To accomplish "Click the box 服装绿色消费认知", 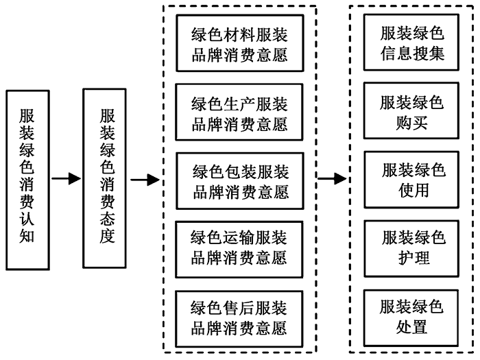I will (x=28, y=179).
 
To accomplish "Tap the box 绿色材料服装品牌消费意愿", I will (x=239, y=43).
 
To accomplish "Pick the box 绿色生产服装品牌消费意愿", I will (x=239, y=114).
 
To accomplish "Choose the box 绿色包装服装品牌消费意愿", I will (x=239, y=180).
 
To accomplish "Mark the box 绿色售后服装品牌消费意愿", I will (x=239, y=316).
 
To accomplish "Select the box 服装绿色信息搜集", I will (x=412, y=43).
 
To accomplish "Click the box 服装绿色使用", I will (x=413, y=179).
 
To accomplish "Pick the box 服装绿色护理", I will (x=413, y=246).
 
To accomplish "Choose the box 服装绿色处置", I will (x=412, y=316).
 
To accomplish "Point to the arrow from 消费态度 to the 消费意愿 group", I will (x=145, y=180).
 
